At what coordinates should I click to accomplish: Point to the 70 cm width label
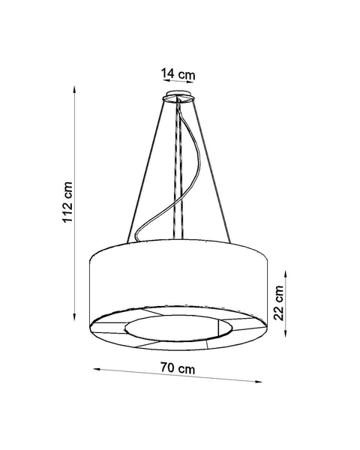(x=178, y=369)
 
